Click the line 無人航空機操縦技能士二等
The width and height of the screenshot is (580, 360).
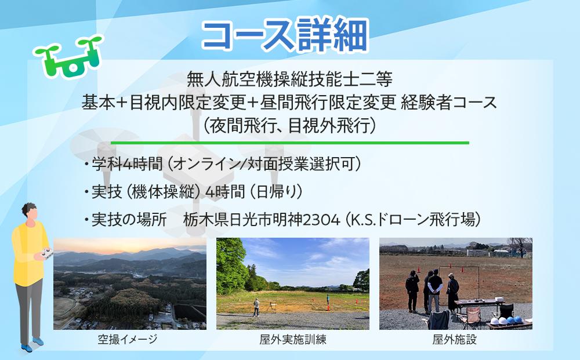(x=291, y=77)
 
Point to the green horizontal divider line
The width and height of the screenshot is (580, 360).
(x=290, y=142)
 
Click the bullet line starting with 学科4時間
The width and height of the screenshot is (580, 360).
(x=223, y=165)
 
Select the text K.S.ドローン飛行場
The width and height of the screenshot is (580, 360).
(x=415, y=220)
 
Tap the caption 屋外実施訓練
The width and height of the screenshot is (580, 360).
(x=293, y=340)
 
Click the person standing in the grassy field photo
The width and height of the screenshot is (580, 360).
(x=256, y=307)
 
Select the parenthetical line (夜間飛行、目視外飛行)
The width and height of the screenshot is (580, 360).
(x=290, y=125)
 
